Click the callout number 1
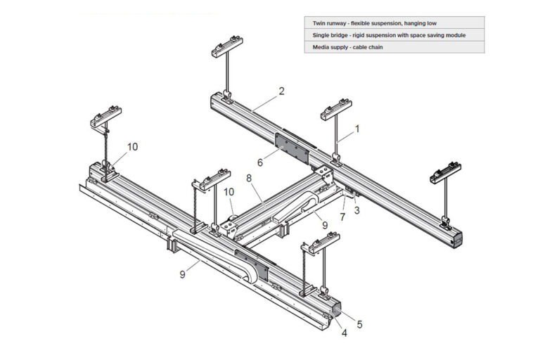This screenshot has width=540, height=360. [x=356, y=129]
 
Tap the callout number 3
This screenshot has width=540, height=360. [x=356, y=210]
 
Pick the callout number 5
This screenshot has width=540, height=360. [x=359, y=324]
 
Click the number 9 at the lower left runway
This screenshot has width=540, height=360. [x=182, y=274]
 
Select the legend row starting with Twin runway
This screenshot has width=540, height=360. [x=394, y=22]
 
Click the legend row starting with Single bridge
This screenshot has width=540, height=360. [x=394, y=35]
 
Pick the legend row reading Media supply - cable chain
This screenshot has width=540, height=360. [x=394, y=48]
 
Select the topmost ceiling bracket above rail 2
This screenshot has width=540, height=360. [x=223, y=51]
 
